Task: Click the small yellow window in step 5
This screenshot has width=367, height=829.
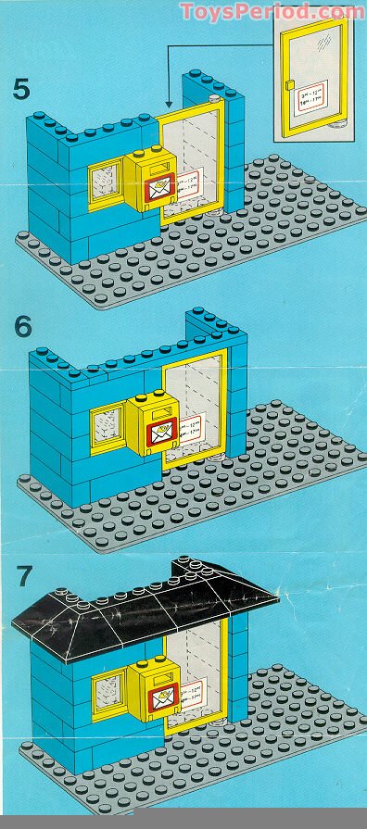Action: coord(105,185)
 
